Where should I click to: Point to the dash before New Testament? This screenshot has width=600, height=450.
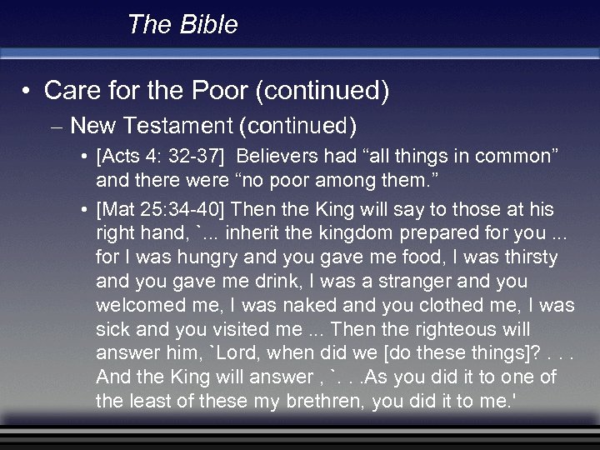point(57,127)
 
